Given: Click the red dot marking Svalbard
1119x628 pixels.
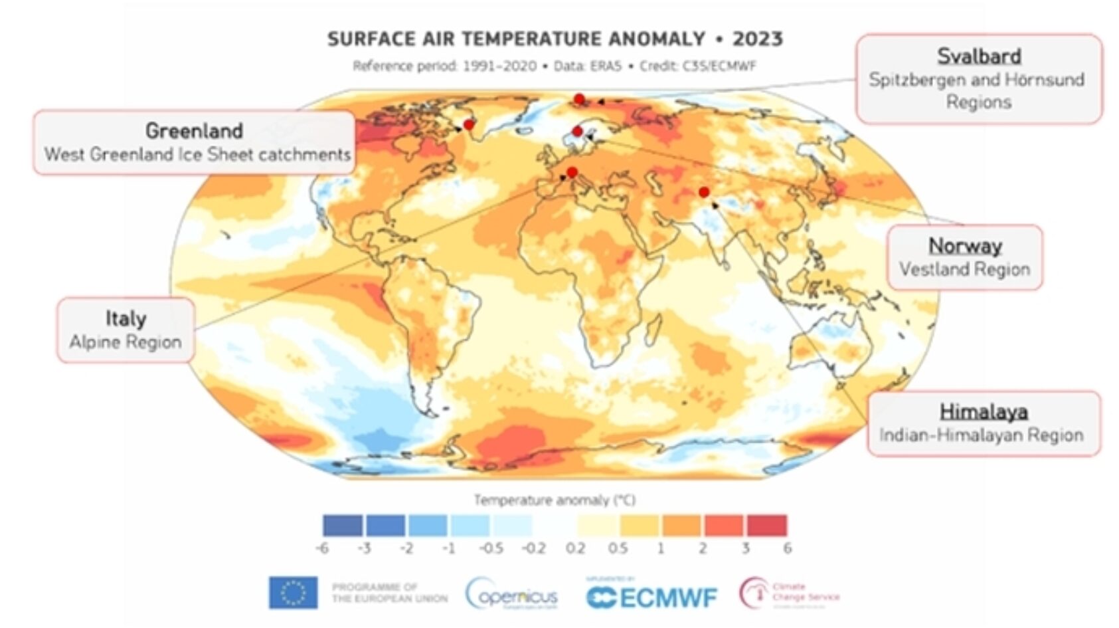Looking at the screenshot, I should [x=579, y=99].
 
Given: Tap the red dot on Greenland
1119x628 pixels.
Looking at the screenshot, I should [x=469, y=124].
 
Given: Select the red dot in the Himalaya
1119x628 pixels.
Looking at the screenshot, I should [x=704, y=192].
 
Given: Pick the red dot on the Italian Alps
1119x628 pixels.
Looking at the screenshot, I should [x=572, y=172].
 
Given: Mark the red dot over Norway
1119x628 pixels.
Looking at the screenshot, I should [x=578, y=131].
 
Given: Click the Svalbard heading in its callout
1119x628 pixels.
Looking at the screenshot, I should [x=979, y=56].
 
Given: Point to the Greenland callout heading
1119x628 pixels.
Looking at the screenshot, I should [x=194, y=131].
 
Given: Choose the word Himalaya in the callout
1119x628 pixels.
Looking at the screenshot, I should [x=984, y=412].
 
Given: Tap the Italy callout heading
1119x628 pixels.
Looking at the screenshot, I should [x=126, y=318].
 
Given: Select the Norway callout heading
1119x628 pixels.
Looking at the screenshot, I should [x=965, y=246].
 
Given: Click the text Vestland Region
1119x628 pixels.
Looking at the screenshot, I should [x=964, y=269].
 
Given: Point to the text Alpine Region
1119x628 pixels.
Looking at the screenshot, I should [x=126, y=342].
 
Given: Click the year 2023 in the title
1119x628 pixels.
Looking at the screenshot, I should [x=758, y=39].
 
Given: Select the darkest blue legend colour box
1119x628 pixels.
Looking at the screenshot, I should [x=343, y=525].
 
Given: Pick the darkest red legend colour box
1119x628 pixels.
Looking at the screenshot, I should [x=767, y=525].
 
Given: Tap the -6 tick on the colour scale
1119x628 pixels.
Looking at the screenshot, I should [x=322, y=548].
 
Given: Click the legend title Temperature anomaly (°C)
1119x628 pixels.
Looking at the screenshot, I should [x=555, y=500].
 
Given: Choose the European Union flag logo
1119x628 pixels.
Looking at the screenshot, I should [x=293, y=593].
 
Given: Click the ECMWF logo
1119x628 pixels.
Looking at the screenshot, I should [x=651, y=597].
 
